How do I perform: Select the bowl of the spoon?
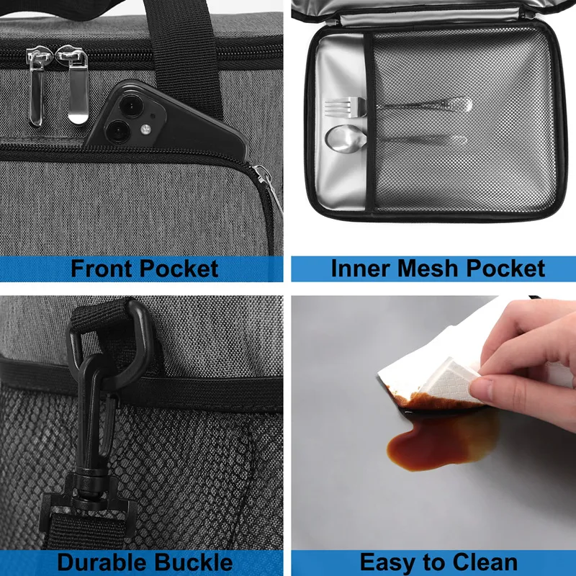346,138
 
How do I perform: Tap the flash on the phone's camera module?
146,129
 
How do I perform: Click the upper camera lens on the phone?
131,106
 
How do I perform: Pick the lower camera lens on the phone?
117,132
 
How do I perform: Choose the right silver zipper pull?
76,84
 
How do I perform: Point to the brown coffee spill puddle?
437,441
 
